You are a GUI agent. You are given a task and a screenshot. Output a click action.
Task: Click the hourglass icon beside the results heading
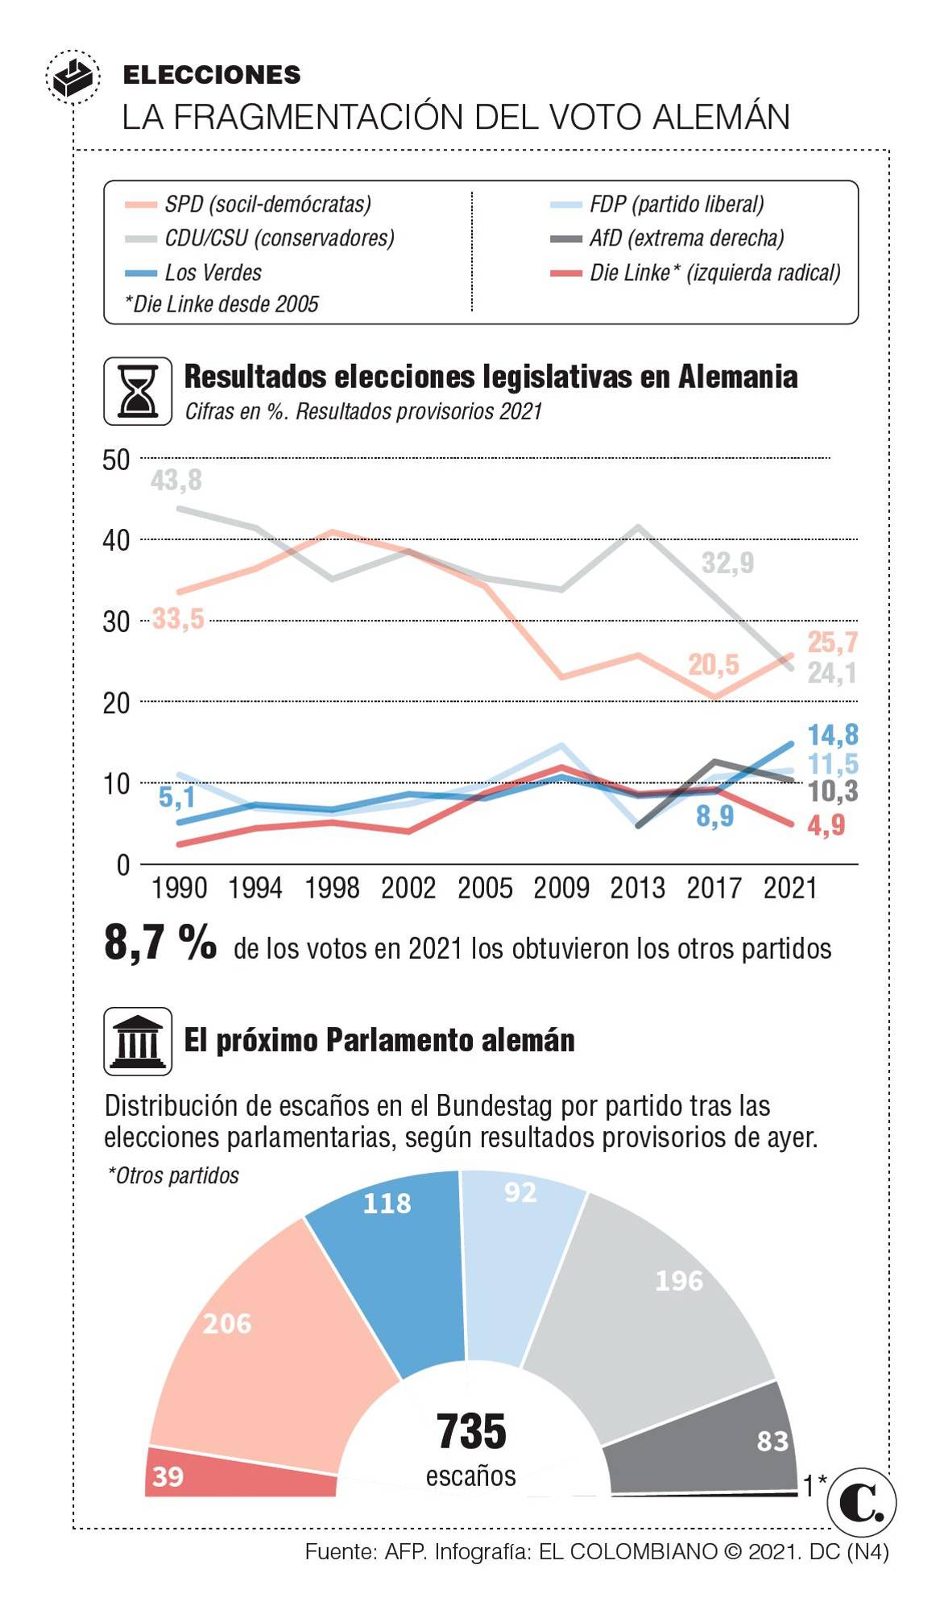(x=138, y=391)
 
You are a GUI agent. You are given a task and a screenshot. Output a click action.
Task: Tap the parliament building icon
(x=138, y=1041)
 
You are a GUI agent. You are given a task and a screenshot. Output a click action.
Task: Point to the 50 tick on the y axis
(x=116, y=460)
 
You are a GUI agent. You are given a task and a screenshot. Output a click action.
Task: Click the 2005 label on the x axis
(x=485, y=889)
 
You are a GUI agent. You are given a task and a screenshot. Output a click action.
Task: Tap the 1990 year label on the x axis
(x=179, y=889)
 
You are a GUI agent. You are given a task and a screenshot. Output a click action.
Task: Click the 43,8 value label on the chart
(x=176, y=481)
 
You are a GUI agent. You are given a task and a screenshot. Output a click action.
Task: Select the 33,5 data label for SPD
(x=178, y=619)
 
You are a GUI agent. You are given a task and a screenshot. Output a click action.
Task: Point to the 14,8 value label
(x=833, y=735)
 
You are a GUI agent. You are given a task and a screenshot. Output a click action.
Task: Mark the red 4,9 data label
(x=826, y=825)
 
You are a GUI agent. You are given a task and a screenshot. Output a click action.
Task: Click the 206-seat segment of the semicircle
(x=242, y=1328)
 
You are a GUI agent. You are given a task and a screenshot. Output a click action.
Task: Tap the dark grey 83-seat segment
(x=725, y=1441)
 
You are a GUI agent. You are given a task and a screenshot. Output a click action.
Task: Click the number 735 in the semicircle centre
(x=471, y=1432)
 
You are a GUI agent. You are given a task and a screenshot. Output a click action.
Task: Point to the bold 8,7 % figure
(x=160, y=942)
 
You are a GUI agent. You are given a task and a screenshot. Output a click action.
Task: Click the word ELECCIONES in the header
(x=212, y=75)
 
